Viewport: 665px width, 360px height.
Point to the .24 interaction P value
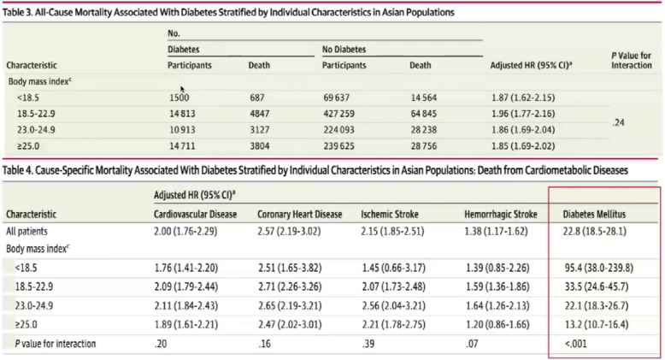click(620, 123)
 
